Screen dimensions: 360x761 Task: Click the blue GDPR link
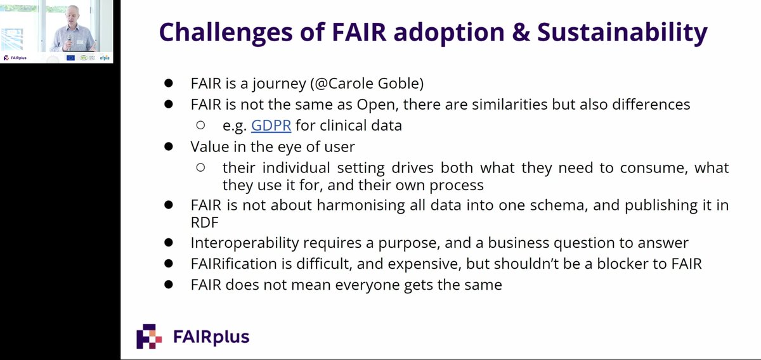click(271, 125)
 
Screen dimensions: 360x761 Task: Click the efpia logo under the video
click(104, 58)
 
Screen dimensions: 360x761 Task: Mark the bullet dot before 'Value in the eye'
click(169, 146)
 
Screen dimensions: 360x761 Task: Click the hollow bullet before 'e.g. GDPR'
click(200, 125)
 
